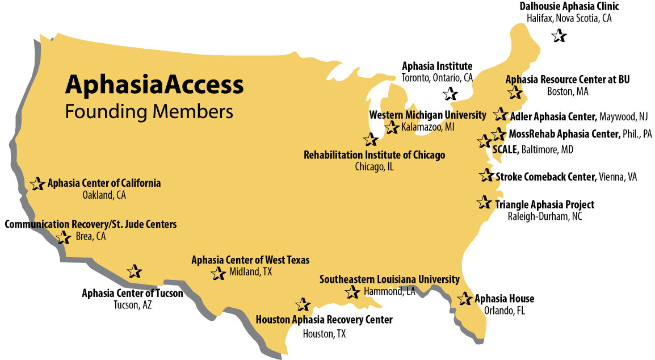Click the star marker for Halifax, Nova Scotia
pos(559,36)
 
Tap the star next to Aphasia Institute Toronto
pos(450,94)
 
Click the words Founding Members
pos(149,111)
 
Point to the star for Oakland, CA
pos(37,183)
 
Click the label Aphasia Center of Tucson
pos(132,294)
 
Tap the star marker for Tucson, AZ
pos(134,271)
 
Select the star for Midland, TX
pos(218,273)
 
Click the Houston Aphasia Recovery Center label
pos(324,320)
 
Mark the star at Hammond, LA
pos(352,292)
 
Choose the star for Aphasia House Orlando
pos(465,299)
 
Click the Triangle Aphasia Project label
pos(545,204)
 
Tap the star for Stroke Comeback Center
pos(486,175)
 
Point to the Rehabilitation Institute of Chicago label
pos(374,155)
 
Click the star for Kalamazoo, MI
pos(392,127)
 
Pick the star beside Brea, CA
pos(64,237)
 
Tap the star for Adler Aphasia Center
pos(501,114)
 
